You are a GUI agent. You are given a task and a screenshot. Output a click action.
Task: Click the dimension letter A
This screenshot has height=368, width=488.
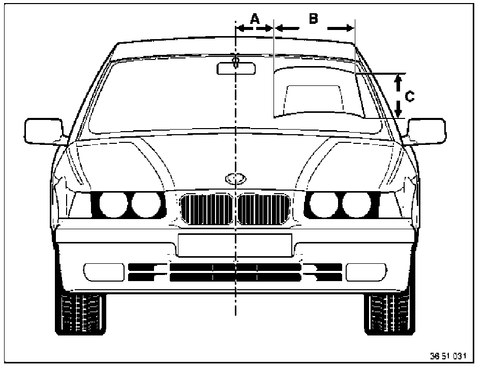[x=255, y=19]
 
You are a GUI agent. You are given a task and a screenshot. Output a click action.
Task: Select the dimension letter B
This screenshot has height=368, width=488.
[x=314, y=18]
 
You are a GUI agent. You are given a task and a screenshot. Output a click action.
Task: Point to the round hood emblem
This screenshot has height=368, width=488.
[x=235, y=178]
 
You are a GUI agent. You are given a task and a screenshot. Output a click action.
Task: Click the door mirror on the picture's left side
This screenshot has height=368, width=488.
[x=43, y=131]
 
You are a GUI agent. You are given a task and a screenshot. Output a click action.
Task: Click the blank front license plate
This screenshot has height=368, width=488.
[x=235, y=245]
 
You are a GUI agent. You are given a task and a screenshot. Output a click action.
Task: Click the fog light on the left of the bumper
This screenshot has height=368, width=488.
[x=103, y=272]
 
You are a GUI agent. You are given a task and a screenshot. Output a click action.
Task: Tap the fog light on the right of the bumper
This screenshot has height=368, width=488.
[x=365, y=272]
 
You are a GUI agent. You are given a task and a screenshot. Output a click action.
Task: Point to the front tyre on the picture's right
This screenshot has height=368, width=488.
[x=387, y=313]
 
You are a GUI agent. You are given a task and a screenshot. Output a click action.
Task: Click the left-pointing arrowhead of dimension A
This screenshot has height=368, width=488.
[x=241, y=29]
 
